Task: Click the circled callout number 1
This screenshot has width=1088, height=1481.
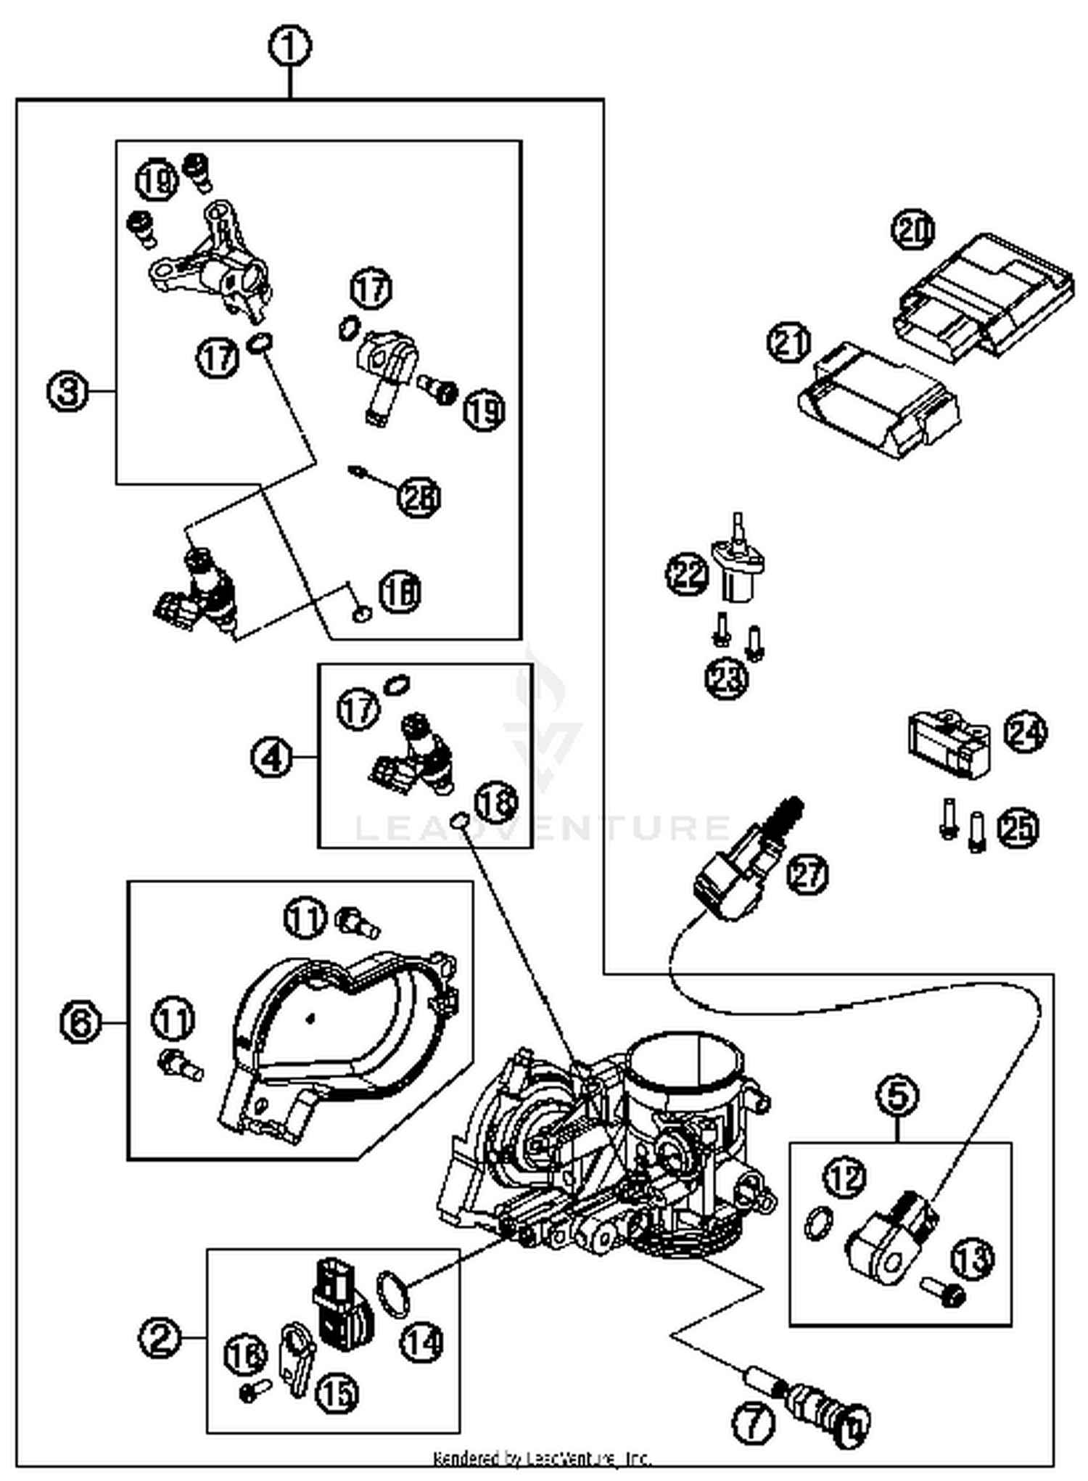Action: click(289, 47)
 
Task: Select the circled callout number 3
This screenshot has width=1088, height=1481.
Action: click(68, 392)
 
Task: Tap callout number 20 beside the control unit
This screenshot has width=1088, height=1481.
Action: click(912, 231)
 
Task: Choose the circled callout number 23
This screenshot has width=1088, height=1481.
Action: click(726, 680)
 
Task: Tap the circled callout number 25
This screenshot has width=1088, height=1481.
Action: click(1017, 828)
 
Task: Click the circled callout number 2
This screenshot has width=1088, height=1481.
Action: click(160, 1337)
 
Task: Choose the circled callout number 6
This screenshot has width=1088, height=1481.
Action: click(80, 1023)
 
